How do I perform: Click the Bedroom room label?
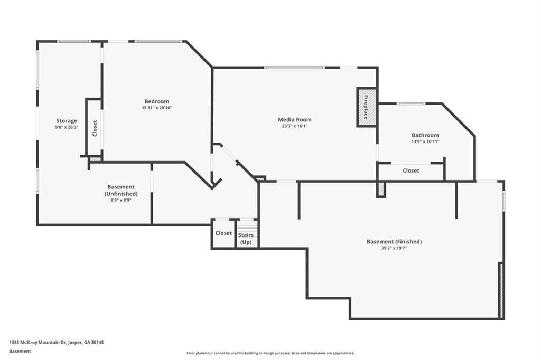[157, 101]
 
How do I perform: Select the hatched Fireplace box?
[367, 107]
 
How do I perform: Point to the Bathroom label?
[425, 135]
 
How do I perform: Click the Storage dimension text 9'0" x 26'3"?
[67, 127]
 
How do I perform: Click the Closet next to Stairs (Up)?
[223, 233]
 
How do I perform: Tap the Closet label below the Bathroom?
[411, 170]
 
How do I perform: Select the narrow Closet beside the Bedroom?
[95, 128]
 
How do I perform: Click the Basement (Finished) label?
[394, 242]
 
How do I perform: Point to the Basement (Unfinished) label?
[121, 190]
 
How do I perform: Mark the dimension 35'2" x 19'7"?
[394, 248]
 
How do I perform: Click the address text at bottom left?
[57, 342]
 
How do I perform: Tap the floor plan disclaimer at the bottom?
[270, 353]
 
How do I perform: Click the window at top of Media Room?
[294, 68]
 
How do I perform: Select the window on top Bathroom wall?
[411, 103]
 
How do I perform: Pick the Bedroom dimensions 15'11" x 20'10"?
[157, 108]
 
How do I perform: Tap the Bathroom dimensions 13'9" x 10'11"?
[425, 141]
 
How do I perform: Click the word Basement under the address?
[20, 351]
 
